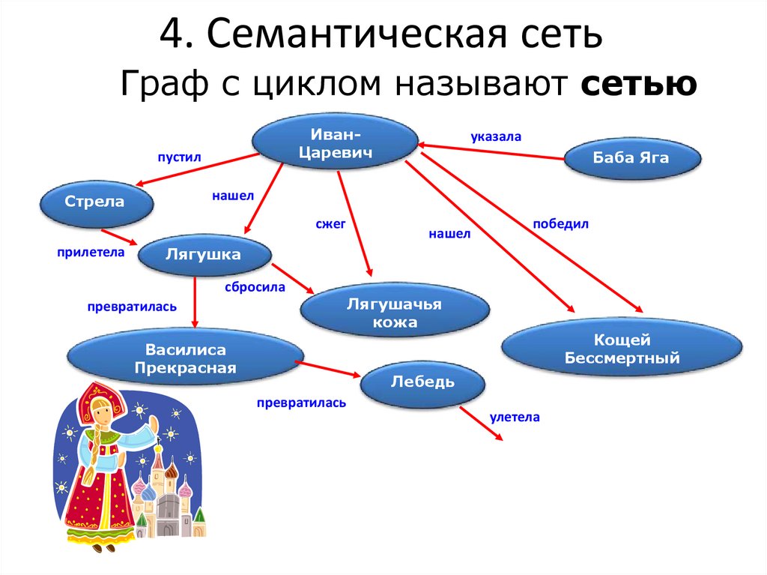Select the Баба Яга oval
[x=631, y=158]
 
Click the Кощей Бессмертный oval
[x=622, y=349]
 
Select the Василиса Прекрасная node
[x=185, y=359]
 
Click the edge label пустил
[x=179, y=157]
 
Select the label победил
[x=561, y=223]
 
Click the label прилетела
[x=89, y=253]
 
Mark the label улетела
[x=515, y=417]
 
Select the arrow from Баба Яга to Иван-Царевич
[x=491, y=151]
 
